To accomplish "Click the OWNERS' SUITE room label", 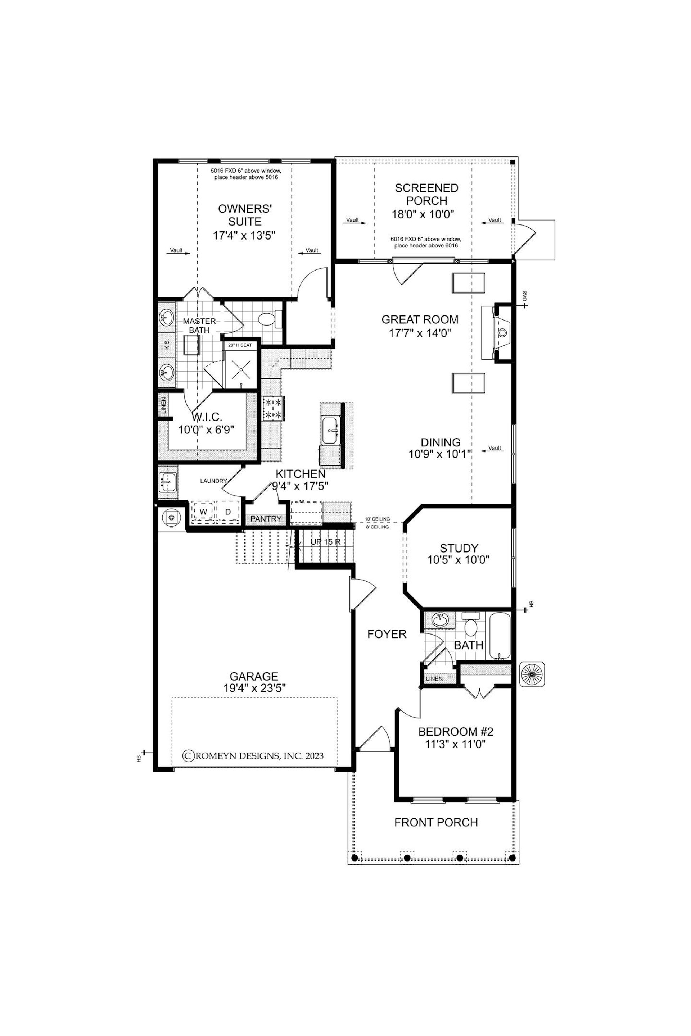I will (x=245, y=215).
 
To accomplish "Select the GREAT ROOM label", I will (x=420, y=319).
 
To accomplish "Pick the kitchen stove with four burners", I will (x=273, y=408).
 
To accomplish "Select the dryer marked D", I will (x=228, y=512).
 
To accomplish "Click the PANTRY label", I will (x=266, y=519).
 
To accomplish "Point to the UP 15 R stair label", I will (x=325, y=542).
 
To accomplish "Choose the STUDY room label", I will (x=459, y=548).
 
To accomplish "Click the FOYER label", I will (x=387, y=634).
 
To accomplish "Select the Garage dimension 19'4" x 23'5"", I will (x=255, y=688).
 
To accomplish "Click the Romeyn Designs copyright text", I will (x=253, y=756).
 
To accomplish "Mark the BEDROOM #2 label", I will (x=455, y=732).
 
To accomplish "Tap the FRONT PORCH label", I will (x=436, y=822).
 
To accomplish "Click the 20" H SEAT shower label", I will (x=240, y=345).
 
